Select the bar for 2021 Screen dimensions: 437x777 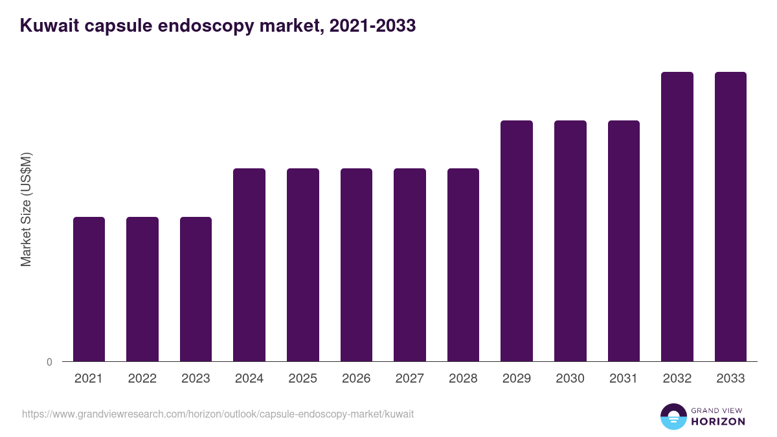(x=89, y=289)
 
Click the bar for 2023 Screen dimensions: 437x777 (x=196, y=289)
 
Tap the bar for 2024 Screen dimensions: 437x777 (x=249, y=265)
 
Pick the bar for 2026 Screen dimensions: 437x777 (x=356, y=265)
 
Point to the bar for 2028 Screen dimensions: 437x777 (x=463, y=265)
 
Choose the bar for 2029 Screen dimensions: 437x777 (x=517, y=241)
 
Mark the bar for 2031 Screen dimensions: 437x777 (x=624, y=241)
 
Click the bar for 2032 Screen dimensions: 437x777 (x=677, y=216)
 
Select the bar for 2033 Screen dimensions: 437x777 (x=730, y=216)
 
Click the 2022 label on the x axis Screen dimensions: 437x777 (x=142, y=379)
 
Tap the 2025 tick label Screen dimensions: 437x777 (x=302, y=379)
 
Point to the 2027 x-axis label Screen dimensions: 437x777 (x=410, y=379)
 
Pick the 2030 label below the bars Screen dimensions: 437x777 (x=570, y=379)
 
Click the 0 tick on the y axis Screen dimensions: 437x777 (x=49, y=363)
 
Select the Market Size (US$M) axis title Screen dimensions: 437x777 (x=26, y=208)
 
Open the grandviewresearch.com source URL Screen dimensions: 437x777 (x=218, y=414)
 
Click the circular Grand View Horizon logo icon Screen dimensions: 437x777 (x=673, y=416)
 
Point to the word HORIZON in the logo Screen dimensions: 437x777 (x=717, y=421)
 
